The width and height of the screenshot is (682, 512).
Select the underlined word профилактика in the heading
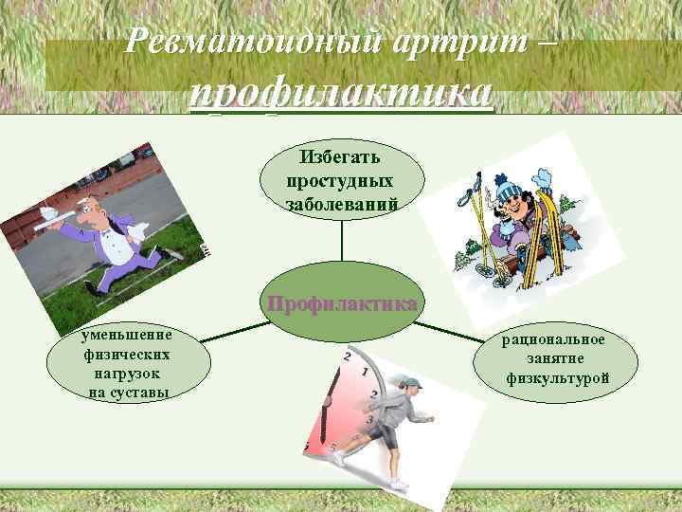tap(341, 94)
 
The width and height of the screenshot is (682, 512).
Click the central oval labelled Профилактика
tap(341, 305)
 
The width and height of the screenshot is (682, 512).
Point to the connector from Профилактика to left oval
tap(227, 331)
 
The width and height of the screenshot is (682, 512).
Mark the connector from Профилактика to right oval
tap(455, 331)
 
